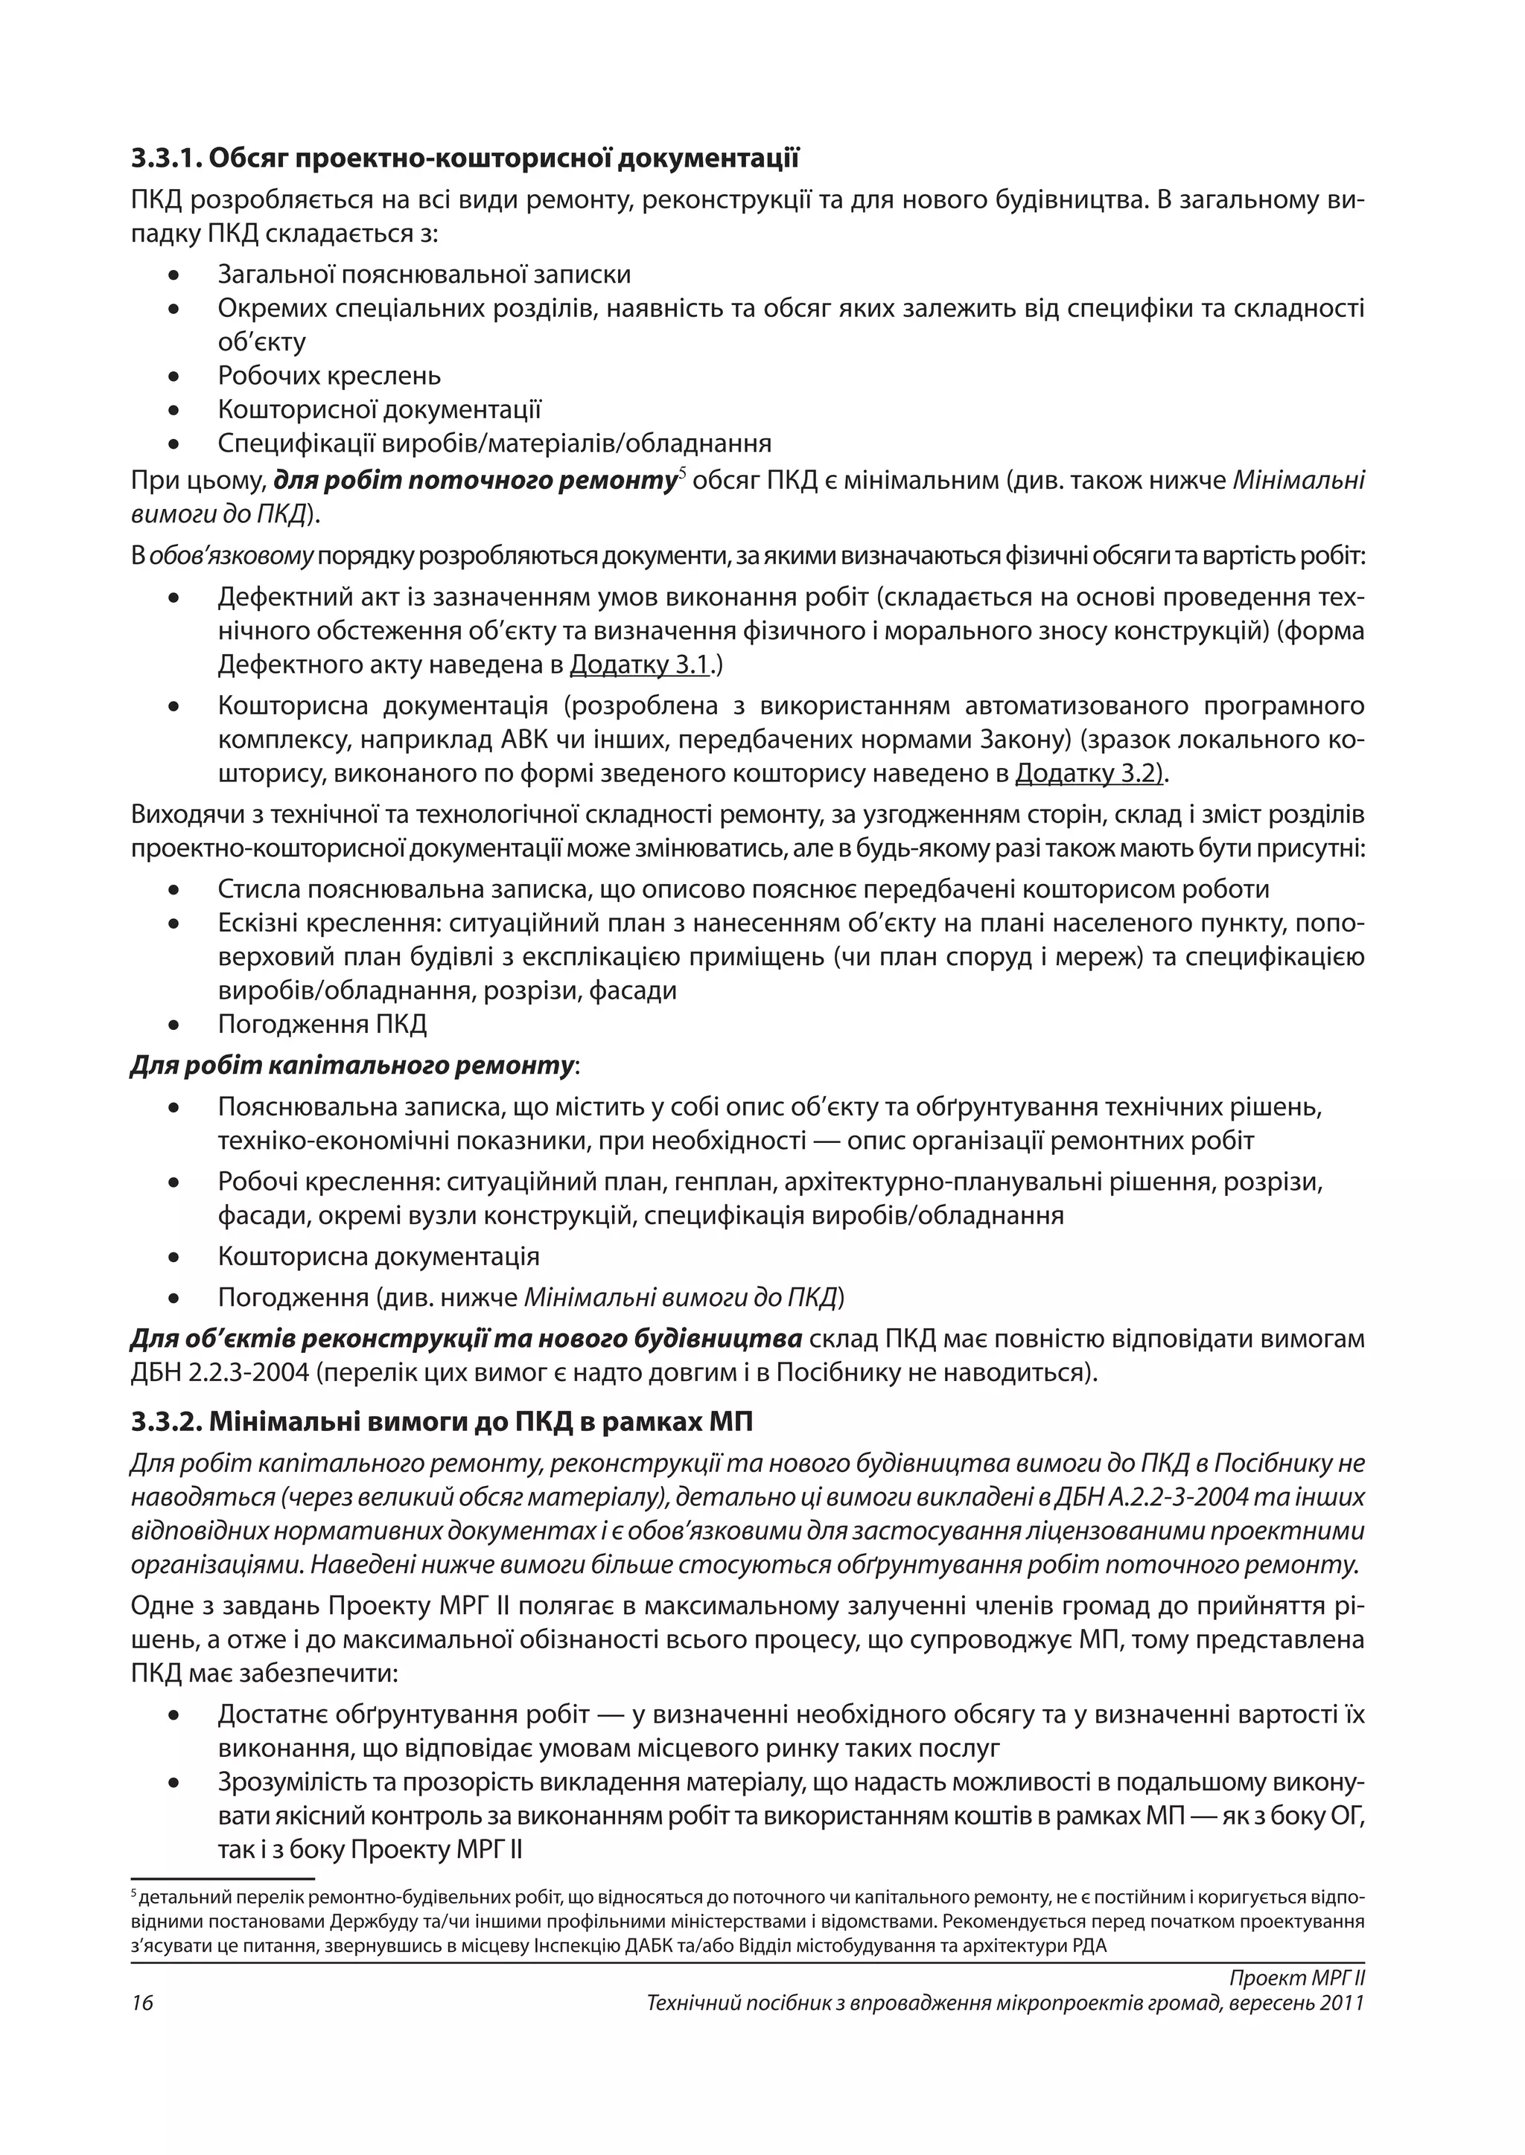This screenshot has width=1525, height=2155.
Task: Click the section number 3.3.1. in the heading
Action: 166,158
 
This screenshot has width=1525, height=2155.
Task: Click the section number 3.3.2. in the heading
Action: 166,1422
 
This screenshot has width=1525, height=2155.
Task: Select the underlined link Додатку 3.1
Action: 640,665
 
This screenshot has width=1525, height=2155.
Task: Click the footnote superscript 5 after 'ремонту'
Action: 683,473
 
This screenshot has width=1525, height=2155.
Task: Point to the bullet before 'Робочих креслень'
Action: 173,377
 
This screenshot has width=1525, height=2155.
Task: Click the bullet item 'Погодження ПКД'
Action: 322,1024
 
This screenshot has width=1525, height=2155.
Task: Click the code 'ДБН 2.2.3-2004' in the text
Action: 220,1372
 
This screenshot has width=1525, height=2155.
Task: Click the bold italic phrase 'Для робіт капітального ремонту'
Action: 352,1066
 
